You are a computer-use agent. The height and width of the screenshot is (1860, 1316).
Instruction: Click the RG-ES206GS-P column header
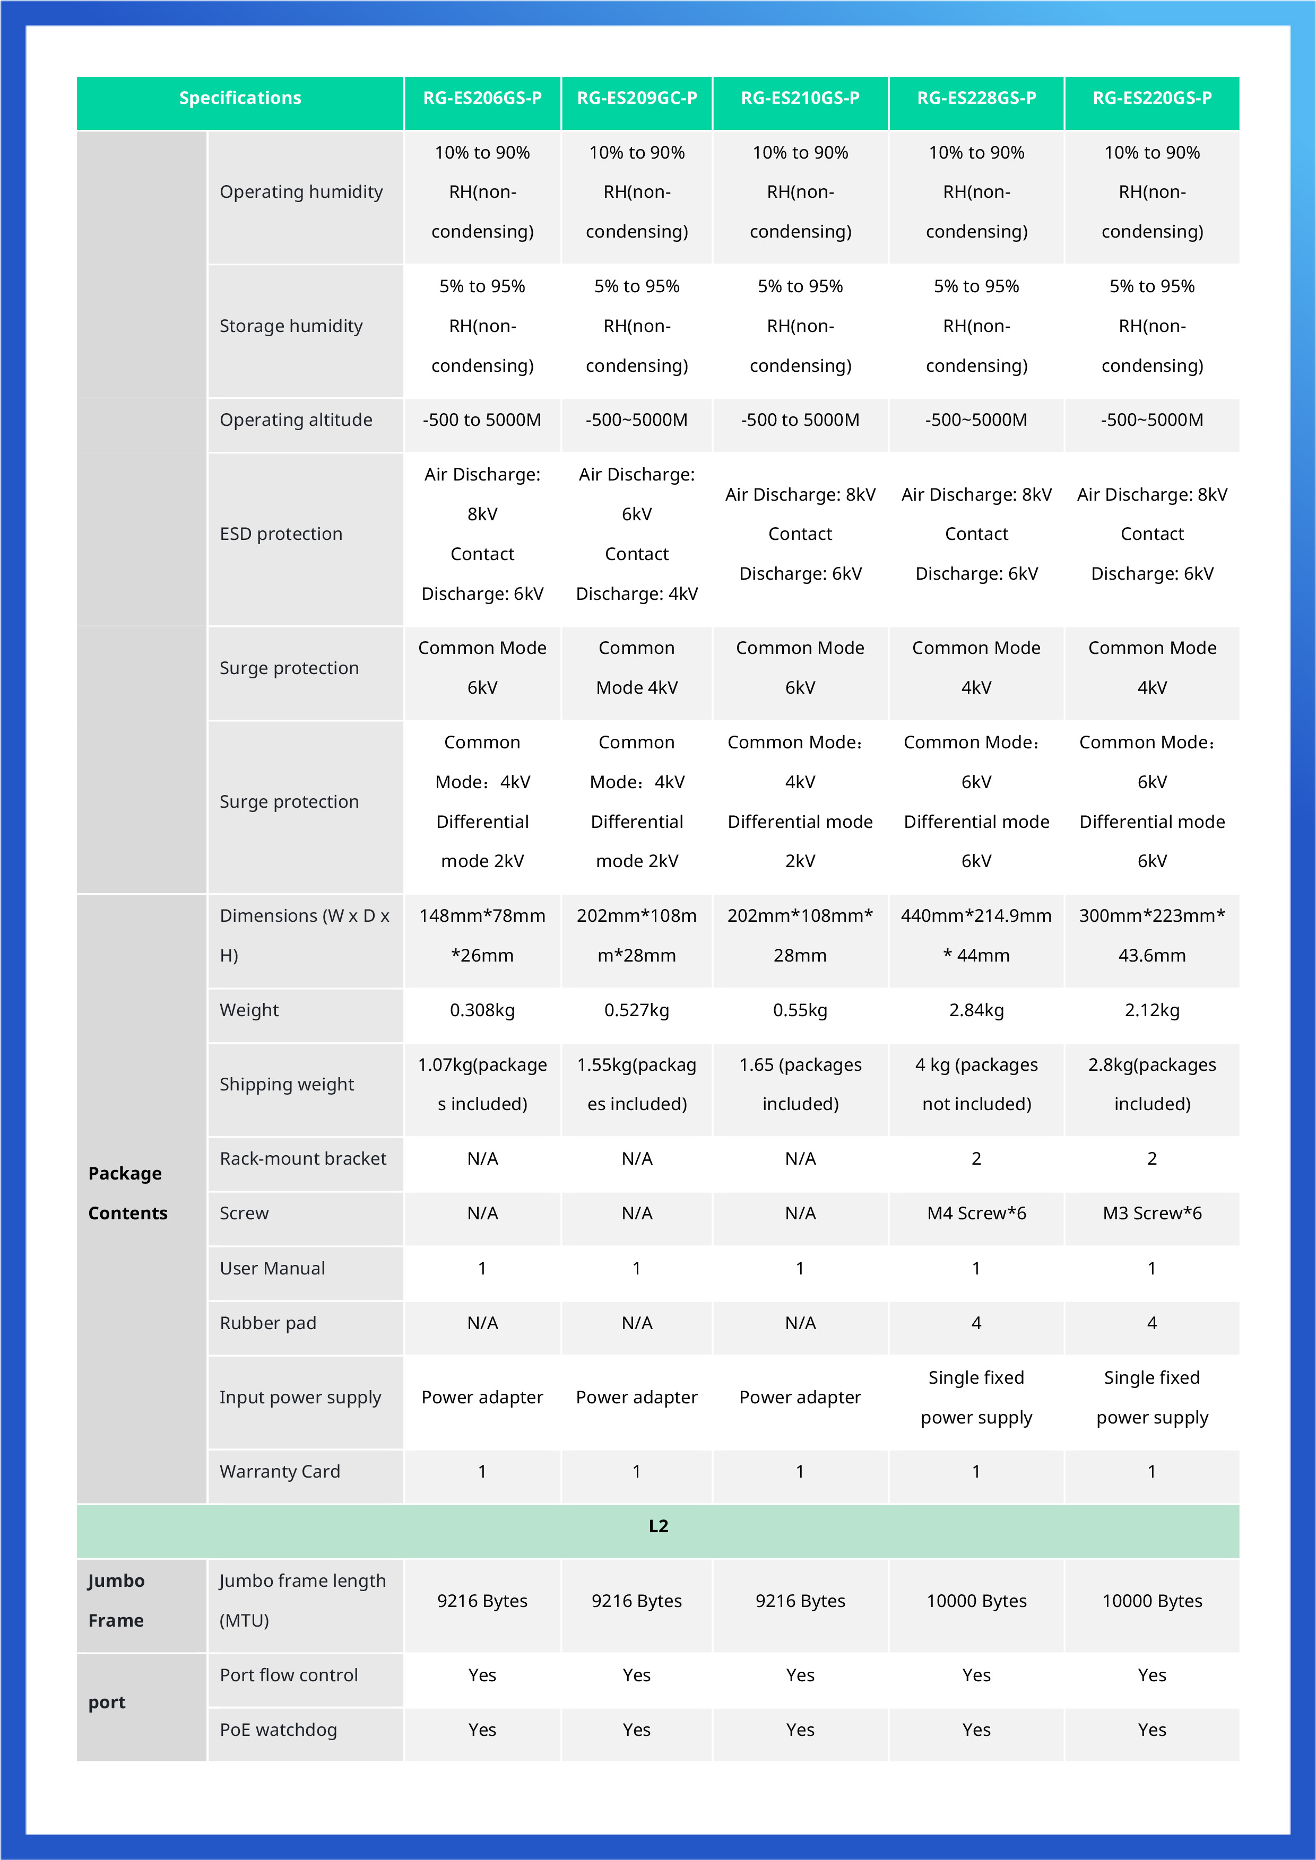(482, 99)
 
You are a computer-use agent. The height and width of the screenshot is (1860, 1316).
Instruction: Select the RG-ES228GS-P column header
(976, 99)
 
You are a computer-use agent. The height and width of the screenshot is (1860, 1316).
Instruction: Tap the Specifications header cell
(240, 99)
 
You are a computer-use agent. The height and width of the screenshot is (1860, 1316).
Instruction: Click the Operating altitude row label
(296, 420)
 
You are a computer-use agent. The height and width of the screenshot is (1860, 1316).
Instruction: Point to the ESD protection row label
(281, 534)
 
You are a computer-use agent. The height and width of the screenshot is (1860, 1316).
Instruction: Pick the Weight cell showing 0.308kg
(482, 1010)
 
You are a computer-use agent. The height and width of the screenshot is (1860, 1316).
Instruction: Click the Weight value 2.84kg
(976, 1010)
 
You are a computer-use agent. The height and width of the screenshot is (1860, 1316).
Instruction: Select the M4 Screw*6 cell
(976, 1213)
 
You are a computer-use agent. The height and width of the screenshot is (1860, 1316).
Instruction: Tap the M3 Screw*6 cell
(1151, 1213)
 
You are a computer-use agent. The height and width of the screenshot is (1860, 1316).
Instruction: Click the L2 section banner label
(658, 1526)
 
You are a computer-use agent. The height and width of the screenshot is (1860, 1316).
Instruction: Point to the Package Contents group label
(127, 1193)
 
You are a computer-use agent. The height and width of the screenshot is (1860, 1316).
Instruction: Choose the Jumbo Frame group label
(116, 1600)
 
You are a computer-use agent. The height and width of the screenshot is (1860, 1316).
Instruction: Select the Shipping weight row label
(287, 1084)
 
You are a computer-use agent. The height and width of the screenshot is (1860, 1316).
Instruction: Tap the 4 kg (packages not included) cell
(976, 1084)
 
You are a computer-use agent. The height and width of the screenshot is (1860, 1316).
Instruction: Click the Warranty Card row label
(280, 1471)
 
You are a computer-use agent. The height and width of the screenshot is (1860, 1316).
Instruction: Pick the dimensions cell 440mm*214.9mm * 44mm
(976, 936)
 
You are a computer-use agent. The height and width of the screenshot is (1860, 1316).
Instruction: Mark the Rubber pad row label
(267, 1323)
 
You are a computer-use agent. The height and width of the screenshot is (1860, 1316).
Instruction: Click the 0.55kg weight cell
(800, 1010)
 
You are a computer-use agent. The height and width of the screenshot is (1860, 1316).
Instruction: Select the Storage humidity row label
(291, 326)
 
